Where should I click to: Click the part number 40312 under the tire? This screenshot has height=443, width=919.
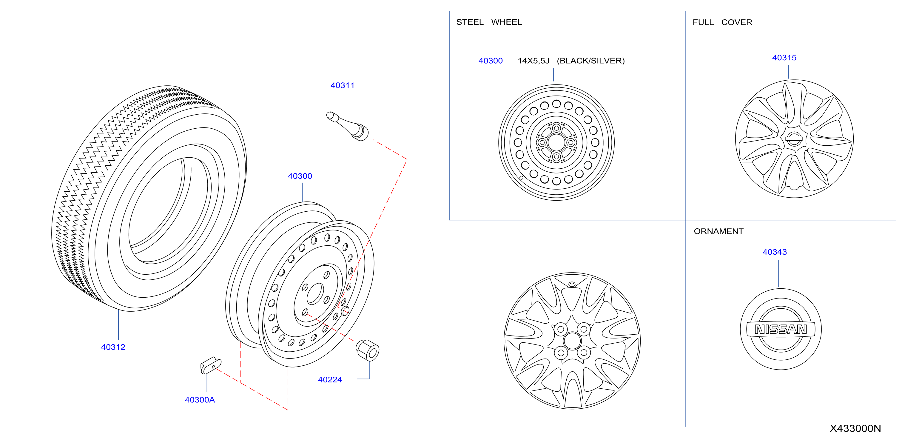[113, 347]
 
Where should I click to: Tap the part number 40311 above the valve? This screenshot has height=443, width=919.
[343, 85]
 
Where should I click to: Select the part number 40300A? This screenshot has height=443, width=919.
[200, 400]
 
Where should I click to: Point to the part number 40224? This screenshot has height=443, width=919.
[330, 379]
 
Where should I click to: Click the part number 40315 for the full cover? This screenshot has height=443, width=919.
[784, 58]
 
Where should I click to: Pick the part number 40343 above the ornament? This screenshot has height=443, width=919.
[775, 252]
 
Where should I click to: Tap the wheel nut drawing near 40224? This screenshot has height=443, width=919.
[368, 350]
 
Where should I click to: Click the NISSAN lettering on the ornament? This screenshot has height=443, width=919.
[781, 329]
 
